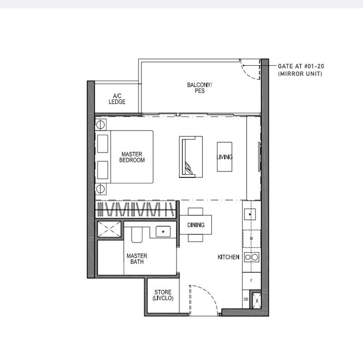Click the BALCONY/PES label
(199, 88)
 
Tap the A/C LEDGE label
(117, 99)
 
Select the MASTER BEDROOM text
(132, 157)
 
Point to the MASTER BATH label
(137, 258)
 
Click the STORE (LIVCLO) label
(163, 295)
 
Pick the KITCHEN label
(228, 257)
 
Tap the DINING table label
(196, 225)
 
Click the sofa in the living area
(191, 157)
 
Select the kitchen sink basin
(250, 214)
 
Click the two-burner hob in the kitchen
(251, 257)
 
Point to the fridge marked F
(251, 281)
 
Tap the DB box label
(246, 299)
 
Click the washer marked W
(251, 238)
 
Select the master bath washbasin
(163, 231)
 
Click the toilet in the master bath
(137, 234)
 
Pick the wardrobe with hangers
(136, 209)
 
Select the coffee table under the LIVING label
(225, 157)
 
